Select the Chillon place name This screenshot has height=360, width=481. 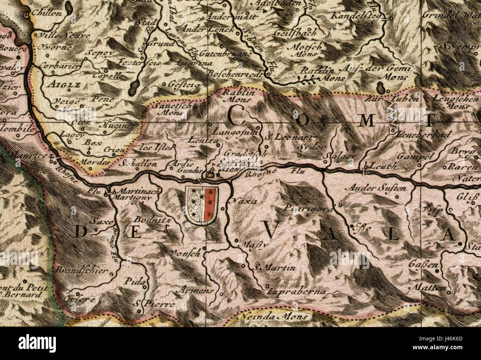coord(47,13)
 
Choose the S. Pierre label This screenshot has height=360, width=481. coord(154,304)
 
